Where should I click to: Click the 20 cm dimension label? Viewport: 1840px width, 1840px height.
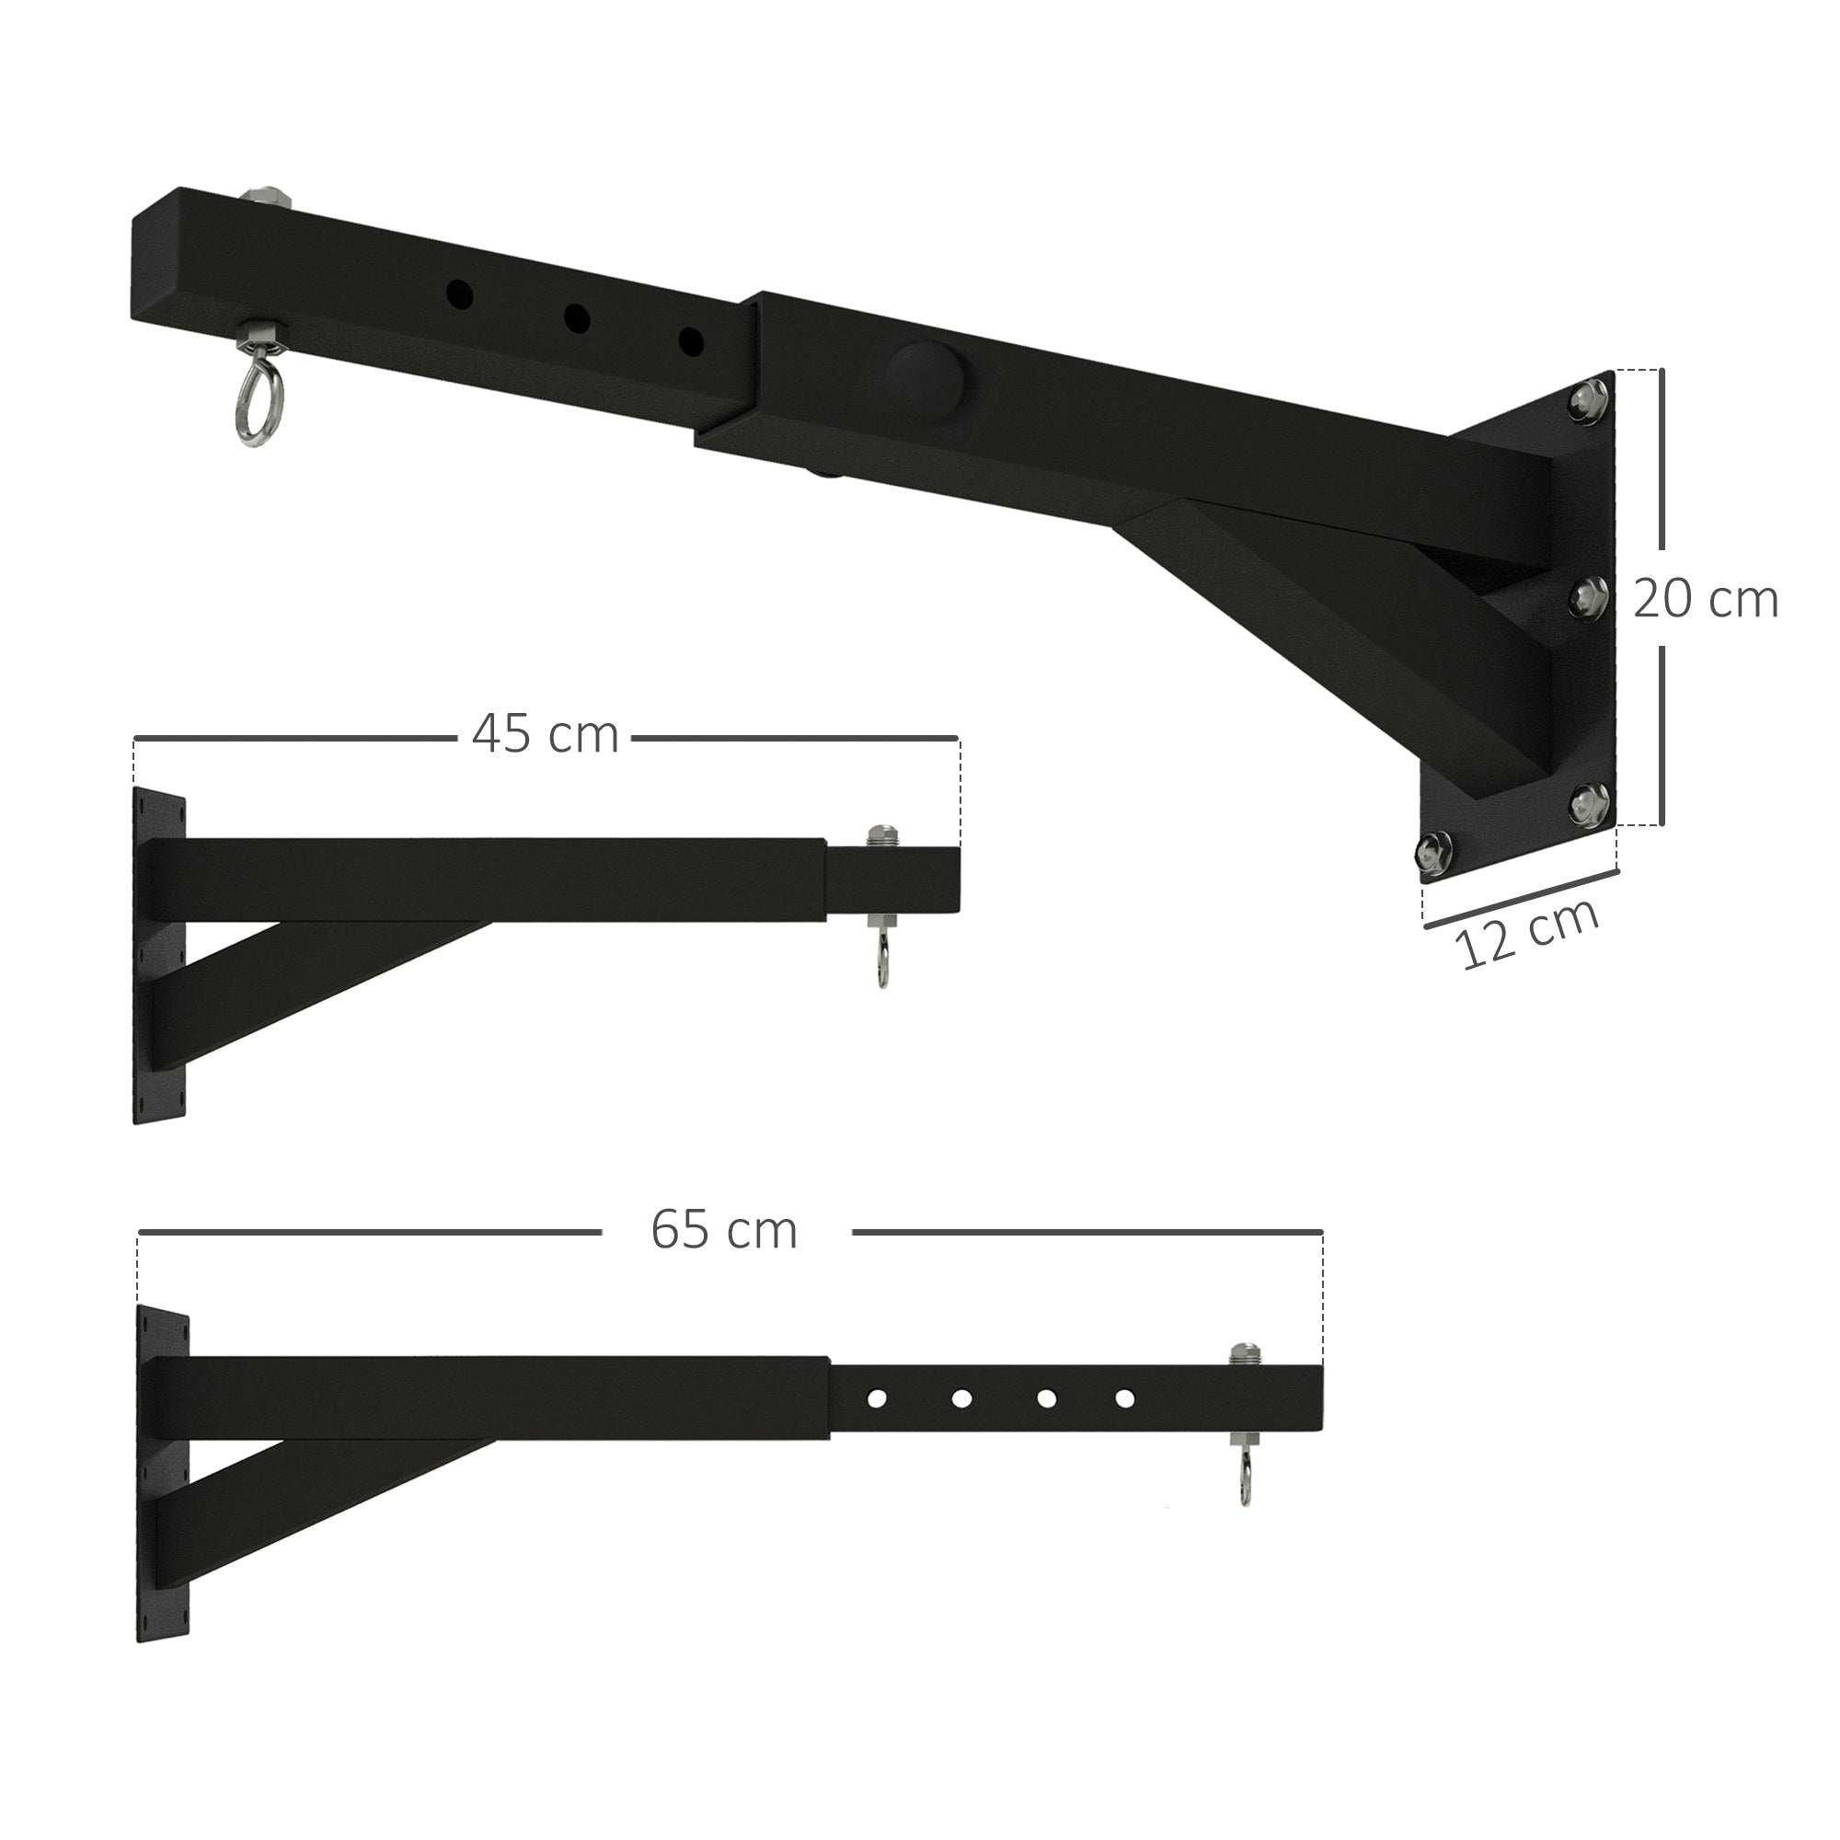tap(1705, 601)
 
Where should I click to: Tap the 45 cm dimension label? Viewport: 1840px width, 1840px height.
tap(545, 735)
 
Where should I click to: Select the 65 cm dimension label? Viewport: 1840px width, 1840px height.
tap(724, 1230)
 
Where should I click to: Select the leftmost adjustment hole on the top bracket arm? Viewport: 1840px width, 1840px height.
tap(460, 294)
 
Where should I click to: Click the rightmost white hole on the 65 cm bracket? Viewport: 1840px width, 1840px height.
tap(1125, 1399)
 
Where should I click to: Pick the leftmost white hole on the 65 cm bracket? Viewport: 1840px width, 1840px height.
tap(876, 1399)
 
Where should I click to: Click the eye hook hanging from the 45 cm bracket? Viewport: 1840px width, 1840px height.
tap(881, 962)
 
